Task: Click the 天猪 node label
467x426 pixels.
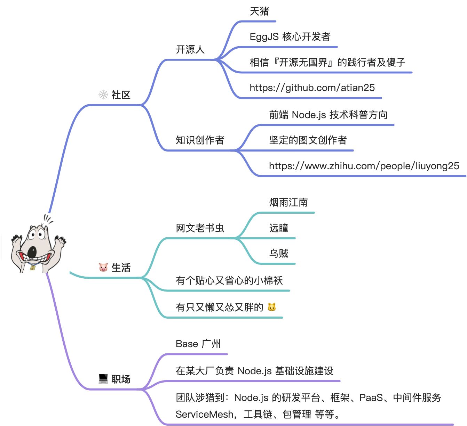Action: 259,11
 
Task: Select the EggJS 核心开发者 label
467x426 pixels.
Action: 290,37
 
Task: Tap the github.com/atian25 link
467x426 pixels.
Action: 312,88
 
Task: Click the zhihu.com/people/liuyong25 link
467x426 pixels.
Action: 364,166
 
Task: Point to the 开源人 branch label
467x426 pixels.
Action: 190,50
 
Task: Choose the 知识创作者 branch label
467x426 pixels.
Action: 200,140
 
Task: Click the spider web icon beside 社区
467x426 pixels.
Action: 103,95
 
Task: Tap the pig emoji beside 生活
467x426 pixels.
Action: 103,267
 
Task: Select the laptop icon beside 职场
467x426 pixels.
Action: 103,378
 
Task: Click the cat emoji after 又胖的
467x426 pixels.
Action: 271,307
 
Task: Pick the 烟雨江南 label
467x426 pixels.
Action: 288,202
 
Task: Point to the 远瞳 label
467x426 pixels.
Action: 278,228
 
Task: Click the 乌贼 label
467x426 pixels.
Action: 278,253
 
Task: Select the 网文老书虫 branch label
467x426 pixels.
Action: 200,228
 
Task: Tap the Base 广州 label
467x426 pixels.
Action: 198,344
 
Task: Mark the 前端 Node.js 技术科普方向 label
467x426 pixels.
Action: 328,115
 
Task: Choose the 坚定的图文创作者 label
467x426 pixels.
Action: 308,140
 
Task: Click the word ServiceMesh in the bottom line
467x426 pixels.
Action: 205,414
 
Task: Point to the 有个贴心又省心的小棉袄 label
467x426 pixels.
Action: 229,280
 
